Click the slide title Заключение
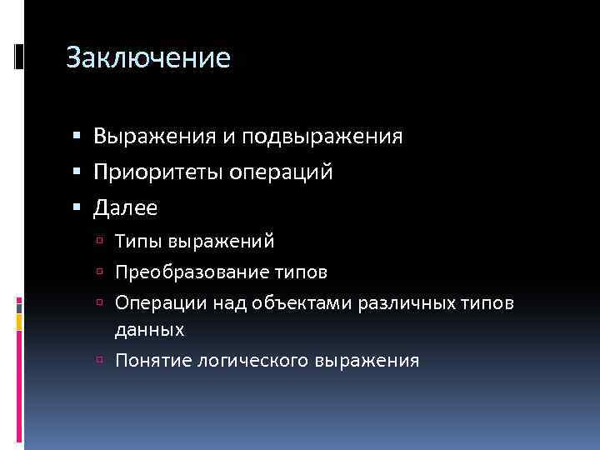click(x=147, y=58)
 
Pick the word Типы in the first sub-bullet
click(x=138, y=242)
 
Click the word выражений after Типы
click(x=221, y=242)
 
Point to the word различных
click(x=402, y=302)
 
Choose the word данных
click(x=150, y=330)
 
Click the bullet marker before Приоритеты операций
click(x=77, y=172)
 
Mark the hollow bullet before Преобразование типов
click(x=101, y=272)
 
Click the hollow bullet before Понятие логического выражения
click(x=101, y=360)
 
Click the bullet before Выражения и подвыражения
click(x=77, y=136)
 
